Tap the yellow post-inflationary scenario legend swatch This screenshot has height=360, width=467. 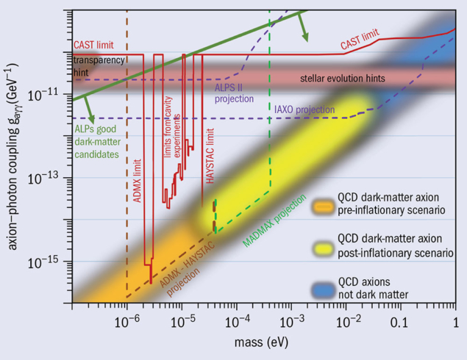tap(324, 246)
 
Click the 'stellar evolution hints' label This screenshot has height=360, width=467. tap(342, 78)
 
